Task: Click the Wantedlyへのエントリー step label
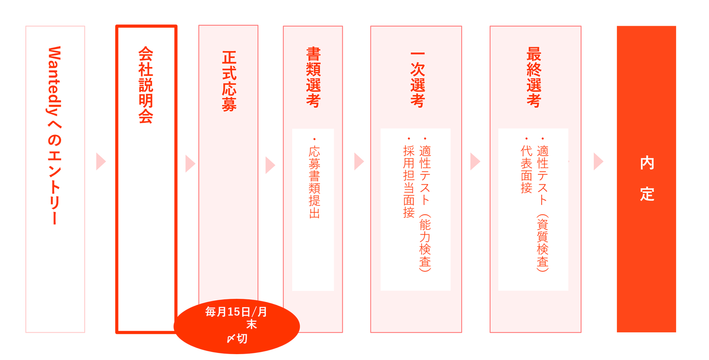tap(55, 135)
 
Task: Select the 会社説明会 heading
tap(146, 85)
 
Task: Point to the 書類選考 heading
tap(314, 77)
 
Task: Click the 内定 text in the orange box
tap(646, 179)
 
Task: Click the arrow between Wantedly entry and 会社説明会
tap(101, 162)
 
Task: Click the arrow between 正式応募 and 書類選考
tap(270, 165)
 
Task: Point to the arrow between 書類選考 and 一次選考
tap(358, 162)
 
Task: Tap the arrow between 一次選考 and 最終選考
tap(475, 162)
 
